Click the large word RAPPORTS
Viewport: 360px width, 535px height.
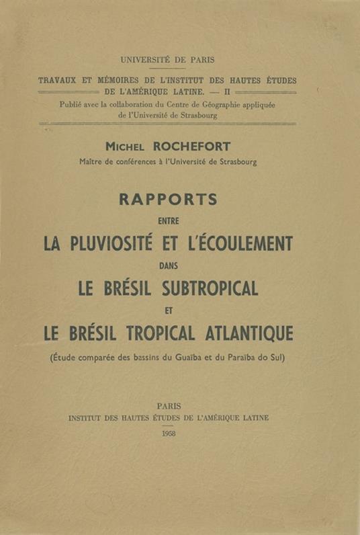pyautogui.click(x=167, y=200)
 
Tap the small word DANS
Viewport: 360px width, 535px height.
pyautogui.click(x=167, y=265)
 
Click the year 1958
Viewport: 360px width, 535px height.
pyautogui.click(x=168, y=435)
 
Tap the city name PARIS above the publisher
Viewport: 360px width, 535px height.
pyautogui.click(x=168, y=406)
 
